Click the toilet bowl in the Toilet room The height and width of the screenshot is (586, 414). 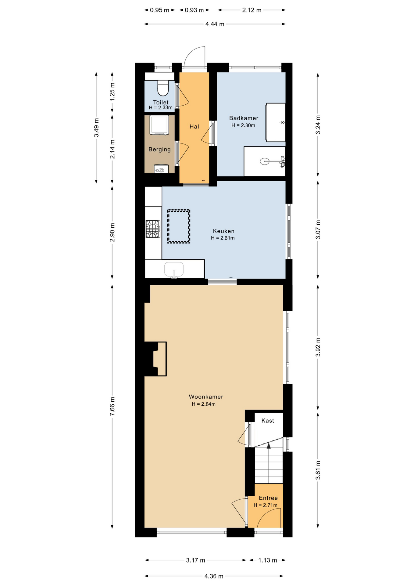(x=163, y=88)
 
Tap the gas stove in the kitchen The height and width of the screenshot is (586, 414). (x=153, y=229)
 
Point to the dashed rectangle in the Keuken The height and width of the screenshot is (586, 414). (x=179, y=226)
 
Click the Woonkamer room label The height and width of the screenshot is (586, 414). (x=206, y=397)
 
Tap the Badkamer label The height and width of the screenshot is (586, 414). (x=244, y=118)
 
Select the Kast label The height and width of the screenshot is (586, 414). (x=268, y=421)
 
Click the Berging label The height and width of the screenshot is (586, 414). (x=159, y=150)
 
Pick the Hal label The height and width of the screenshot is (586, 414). (x=194, y=126)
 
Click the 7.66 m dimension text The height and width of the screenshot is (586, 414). (x=112, y=406)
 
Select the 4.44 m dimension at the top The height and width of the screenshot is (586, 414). (x=215, y=24)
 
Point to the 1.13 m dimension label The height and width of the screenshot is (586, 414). (x=268, y=560)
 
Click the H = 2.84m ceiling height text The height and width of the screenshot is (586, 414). (x=204, y=404)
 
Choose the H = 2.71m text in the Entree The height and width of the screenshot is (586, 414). (x=266, y=505)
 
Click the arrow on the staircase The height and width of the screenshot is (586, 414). (x=269, y=446)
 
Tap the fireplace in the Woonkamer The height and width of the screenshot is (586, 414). (x=155, y=359)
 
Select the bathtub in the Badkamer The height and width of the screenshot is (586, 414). (x=276, y=122)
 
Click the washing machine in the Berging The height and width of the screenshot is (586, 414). (x=159, y=125)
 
